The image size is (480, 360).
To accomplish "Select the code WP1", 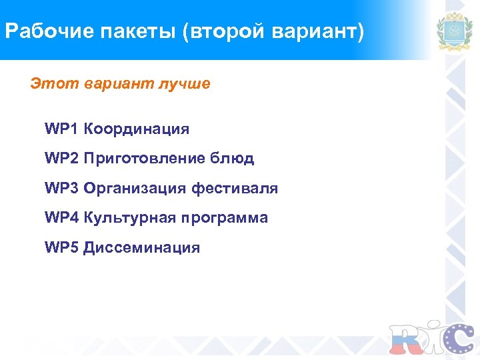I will [61, 129].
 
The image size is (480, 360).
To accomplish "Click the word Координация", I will [137, 129].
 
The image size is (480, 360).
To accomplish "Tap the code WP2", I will [61, 159].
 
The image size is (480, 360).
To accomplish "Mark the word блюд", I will [231, 159].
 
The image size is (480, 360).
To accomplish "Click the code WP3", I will [61, 189].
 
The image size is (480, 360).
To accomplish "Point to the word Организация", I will [135, 189].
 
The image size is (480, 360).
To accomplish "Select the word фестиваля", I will [235, 189].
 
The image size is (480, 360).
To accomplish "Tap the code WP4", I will [61, 218].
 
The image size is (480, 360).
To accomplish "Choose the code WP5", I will [61, 248].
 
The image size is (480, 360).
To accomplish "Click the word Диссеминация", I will [142, 248].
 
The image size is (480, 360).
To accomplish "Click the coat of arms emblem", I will [454, 31].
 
